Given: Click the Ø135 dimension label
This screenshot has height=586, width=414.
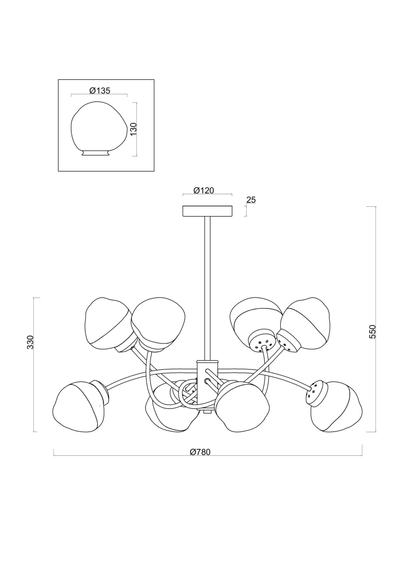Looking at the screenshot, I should [100, 91].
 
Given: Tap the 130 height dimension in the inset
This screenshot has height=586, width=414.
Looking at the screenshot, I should [134, 129].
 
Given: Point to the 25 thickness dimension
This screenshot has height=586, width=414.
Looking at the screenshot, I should [251, 200].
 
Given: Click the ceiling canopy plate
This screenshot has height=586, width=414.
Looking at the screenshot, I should [207, 211].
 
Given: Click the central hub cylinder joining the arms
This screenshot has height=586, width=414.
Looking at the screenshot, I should [207, 378].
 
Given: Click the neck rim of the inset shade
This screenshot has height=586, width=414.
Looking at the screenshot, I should [95, 153].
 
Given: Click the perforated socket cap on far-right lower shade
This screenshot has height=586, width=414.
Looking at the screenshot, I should [316, 393].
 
